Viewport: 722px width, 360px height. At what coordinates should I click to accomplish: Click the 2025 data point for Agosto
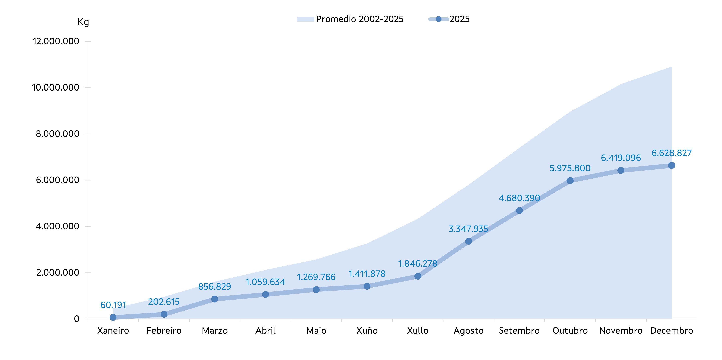pyautogui.click(x=468, y=241)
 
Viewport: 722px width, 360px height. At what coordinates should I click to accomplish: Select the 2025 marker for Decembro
pyautogui.click(x=672, y=166)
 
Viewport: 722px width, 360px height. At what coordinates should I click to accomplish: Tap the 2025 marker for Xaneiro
pyautogui.click(x=113, y=317)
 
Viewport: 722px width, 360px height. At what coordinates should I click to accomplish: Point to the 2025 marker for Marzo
pyautogui.click(x=215, y=299)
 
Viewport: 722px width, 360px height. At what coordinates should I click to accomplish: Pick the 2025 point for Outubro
pyautogui.click(x=570, y=181)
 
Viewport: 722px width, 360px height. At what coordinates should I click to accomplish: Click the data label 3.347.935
pyautogui.click(x=468, y=229)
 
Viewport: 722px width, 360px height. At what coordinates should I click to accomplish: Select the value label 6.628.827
pyautogui.click(x=672, y=153)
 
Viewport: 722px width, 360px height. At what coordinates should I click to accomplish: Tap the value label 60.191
pyautogui.click(x=113, y=305)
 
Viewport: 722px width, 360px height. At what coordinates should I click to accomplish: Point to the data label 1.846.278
pyautogui.click(x=418, y=264)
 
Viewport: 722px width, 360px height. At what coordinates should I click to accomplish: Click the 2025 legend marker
pyautogui.click(x=439, y=19)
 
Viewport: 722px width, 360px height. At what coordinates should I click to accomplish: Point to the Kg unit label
pyautogui.click(x=83, y=22)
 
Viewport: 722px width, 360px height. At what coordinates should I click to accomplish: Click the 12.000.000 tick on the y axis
pyautogui.click(x=56, y=41)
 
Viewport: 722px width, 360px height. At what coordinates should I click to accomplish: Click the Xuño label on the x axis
pyautogui.click(x=367, y=331)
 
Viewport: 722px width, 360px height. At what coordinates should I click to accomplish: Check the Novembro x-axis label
pyautogui.click(x=621, y=331)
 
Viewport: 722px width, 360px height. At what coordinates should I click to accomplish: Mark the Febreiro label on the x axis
pyautogui.click(x=164, y=331)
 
